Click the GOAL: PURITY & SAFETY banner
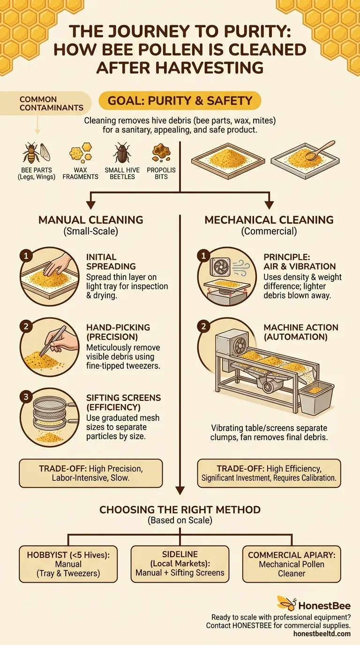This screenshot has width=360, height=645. click(x=180, y=100)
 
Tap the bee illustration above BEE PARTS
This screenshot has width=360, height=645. click(x=31, y=153)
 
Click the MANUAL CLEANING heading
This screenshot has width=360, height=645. click(x=90, y=220)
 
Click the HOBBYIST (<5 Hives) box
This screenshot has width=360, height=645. click(x=68, y=564)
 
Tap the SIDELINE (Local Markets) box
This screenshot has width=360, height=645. click(x=180, y=564)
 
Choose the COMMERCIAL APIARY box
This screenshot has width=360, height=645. click(x=292, y=564)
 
